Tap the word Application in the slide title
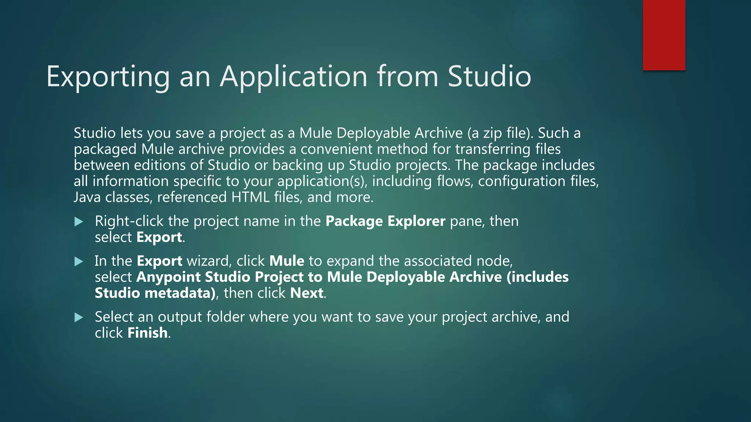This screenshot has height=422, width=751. coord(293,77)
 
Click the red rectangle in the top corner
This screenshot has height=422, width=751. coord(664,35)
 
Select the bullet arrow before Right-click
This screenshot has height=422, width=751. coord(78,222)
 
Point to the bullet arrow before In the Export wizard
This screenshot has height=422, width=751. coord(78,262)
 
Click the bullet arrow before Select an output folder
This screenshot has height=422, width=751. coord(78,317)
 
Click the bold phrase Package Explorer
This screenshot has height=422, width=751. coord(385,221)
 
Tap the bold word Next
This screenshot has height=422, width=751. coord(307,293)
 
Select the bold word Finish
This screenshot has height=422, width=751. coord(147,333)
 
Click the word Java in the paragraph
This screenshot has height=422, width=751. coord(87,197)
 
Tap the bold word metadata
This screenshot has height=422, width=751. coord(179,293)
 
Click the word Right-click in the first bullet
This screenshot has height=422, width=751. coord(129,221)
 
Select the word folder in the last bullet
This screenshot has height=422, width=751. coord(225,317)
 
